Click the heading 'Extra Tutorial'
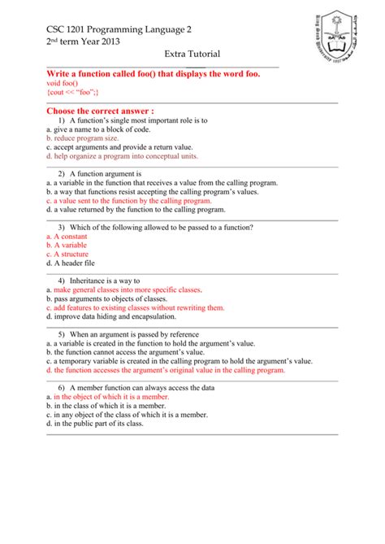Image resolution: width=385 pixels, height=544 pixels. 192,54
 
